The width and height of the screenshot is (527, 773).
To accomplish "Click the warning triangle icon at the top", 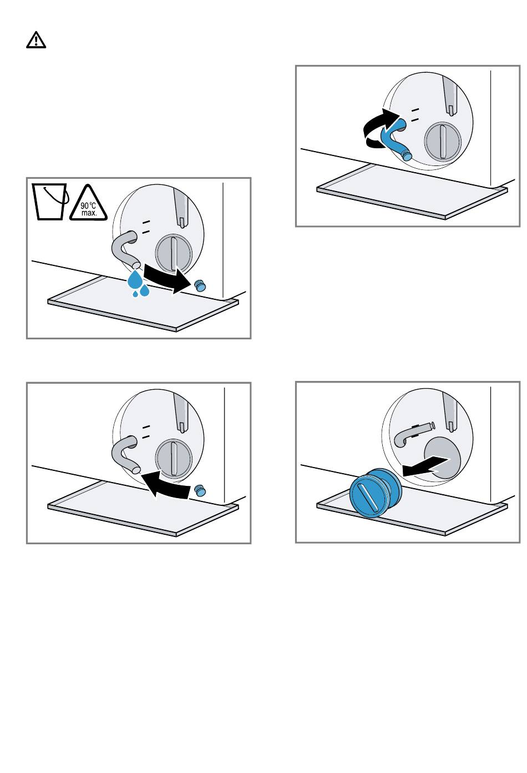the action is click(x=36, y=40).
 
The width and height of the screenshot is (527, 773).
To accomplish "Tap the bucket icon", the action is click(x=50, y=202).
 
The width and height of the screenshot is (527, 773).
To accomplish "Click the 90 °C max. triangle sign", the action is click(x=89, y=204).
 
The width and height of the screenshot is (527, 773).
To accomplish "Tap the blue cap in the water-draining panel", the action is click(x=200, y=285).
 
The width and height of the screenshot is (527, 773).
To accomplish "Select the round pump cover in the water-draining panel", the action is click(x=173, y=253).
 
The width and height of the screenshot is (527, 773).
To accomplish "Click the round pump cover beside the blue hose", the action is click(x=442, y=141).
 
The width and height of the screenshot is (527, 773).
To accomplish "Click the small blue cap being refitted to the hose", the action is click(x=200, y=490).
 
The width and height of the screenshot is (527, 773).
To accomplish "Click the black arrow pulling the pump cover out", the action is click(x=425, y=466).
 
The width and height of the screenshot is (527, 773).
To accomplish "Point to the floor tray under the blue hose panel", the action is click(x=412, y=192).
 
